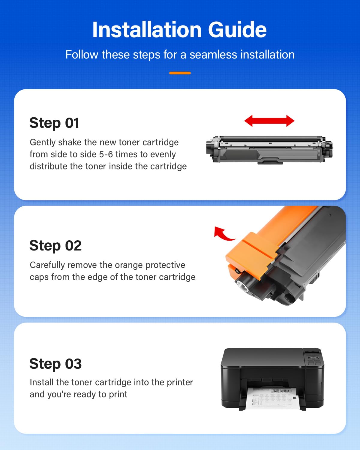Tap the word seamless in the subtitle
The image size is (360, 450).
click(213, 55)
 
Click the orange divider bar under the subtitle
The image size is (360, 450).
click(180, 73)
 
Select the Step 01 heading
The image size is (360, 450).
click(54, 123)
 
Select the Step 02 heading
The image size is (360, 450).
click(55, 246)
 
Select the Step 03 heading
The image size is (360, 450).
click(55, 364)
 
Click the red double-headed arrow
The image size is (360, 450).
click(269, 121)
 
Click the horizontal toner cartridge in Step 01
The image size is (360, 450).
click(269, 150)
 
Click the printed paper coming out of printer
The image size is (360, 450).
click(273, 398)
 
